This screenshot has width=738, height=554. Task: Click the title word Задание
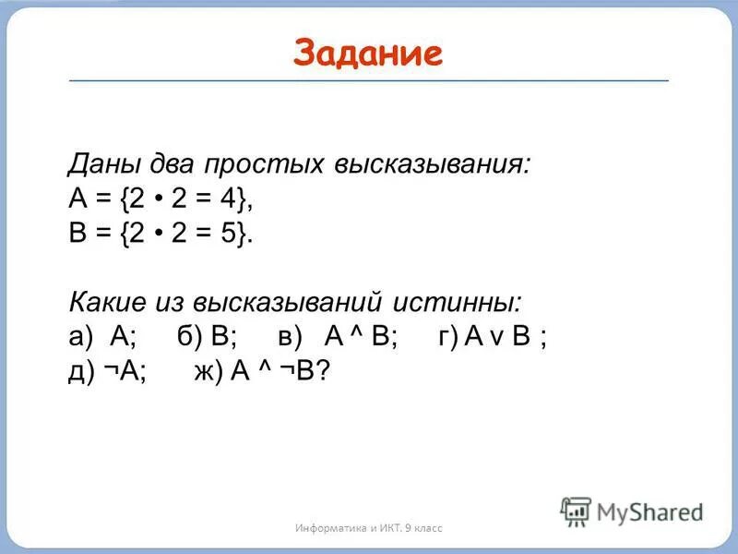coord(368,54)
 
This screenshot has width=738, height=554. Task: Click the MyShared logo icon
coord(576,512)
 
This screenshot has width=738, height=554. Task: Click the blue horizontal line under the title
coord(368,81)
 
